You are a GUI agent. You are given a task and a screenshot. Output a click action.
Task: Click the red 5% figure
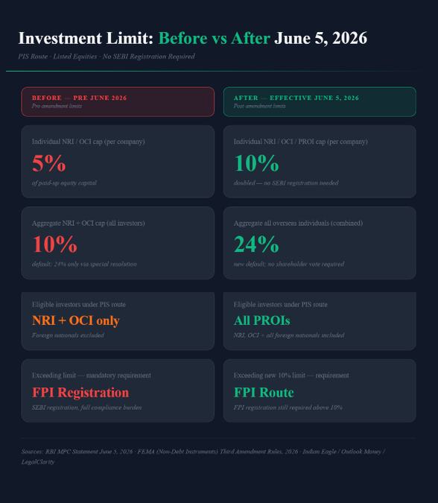pyautogui.click(x=48, y=163)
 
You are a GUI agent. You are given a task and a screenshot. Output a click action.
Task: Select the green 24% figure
pyautogui.click(x=256, y=244)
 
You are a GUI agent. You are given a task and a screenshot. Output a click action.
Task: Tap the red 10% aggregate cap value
pyautogui.click(x=55, y=244)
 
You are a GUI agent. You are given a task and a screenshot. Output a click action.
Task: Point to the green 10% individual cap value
pyautogui.click(x=256, y=163)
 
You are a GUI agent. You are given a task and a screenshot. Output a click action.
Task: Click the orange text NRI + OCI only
pyautogui.click(x=76, y=320)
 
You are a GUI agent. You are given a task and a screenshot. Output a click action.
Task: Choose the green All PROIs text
pyautogui.click(x=262, y=320)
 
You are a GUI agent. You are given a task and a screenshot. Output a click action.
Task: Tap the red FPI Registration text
pyautogui.click(x=80, y=393)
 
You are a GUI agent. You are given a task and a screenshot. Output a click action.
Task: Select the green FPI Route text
pyautogui.click(x=264, y=393)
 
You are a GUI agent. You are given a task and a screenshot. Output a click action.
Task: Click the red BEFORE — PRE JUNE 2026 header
pyautogui.click(x=79, y=98)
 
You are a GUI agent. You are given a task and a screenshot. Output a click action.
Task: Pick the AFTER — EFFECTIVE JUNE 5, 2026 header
pyautogui.click(x=296, y=98)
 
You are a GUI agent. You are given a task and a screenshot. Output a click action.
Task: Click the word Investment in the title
pyautogui.click(x=60, y=38)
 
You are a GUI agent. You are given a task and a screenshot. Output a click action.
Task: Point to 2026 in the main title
pyautogui.click(x=349, y=38)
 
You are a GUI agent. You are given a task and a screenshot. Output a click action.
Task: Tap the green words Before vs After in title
pyautogui.click(x=215, y=38)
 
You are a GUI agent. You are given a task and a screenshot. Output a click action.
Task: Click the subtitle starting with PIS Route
pyautogui.click(x=107, y=57)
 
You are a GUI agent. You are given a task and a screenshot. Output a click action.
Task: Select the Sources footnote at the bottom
pyautogui.click(x=203, y=457)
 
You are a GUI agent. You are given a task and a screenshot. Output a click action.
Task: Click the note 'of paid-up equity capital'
pyautogui.click(x=64, y=183)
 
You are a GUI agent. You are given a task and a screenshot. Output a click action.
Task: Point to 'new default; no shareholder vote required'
pyautogui.click(x=289, y=264)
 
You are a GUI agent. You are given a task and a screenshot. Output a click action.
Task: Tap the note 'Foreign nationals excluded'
pyautogui.click(x=68, y=335)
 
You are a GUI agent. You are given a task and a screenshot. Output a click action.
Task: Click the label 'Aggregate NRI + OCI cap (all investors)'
pyautogui.click(x=88, y=224)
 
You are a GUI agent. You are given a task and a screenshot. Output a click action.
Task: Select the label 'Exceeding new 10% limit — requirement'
pyautogui.click(x=291, y=376)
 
